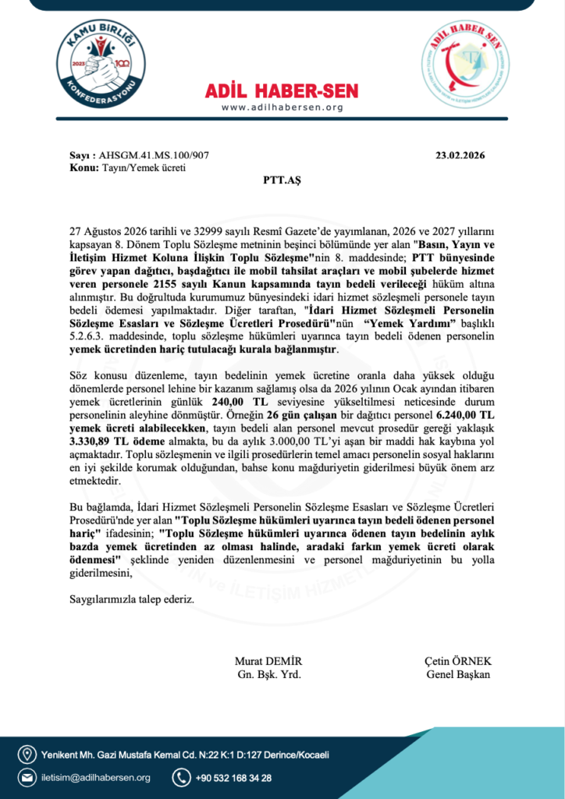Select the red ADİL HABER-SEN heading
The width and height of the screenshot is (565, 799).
282,91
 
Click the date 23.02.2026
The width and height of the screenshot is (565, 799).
460,155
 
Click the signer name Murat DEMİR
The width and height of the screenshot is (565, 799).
268,661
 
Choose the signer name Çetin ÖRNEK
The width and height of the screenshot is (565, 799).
458,661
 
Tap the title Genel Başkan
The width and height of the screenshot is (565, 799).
458,674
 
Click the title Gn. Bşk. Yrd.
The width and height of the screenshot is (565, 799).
268,674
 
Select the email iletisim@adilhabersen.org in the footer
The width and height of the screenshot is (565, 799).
97,777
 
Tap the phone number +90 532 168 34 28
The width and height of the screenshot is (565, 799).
233,777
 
